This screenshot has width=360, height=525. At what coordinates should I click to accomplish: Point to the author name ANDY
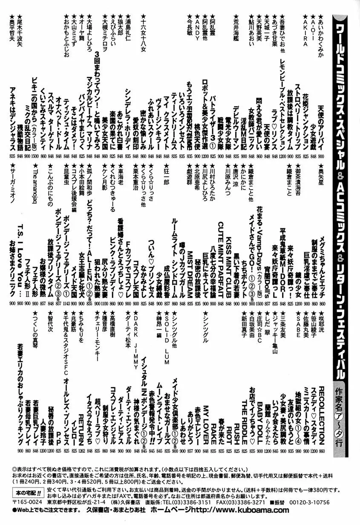[198, 29]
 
